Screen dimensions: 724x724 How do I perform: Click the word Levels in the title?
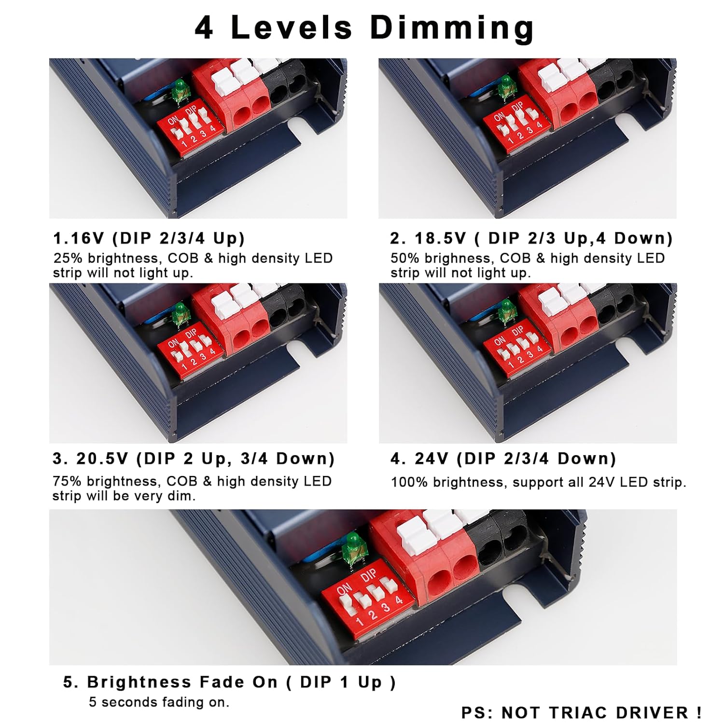292,27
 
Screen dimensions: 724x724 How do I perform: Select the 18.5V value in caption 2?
440,238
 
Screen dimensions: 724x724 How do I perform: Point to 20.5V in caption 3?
102,458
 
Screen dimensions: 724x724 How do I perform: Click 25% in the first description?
68,258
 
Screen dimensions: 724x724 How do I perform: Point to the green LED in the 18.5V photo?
506,85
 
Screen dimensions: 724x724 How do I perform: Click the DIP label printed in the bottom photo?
369,576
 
